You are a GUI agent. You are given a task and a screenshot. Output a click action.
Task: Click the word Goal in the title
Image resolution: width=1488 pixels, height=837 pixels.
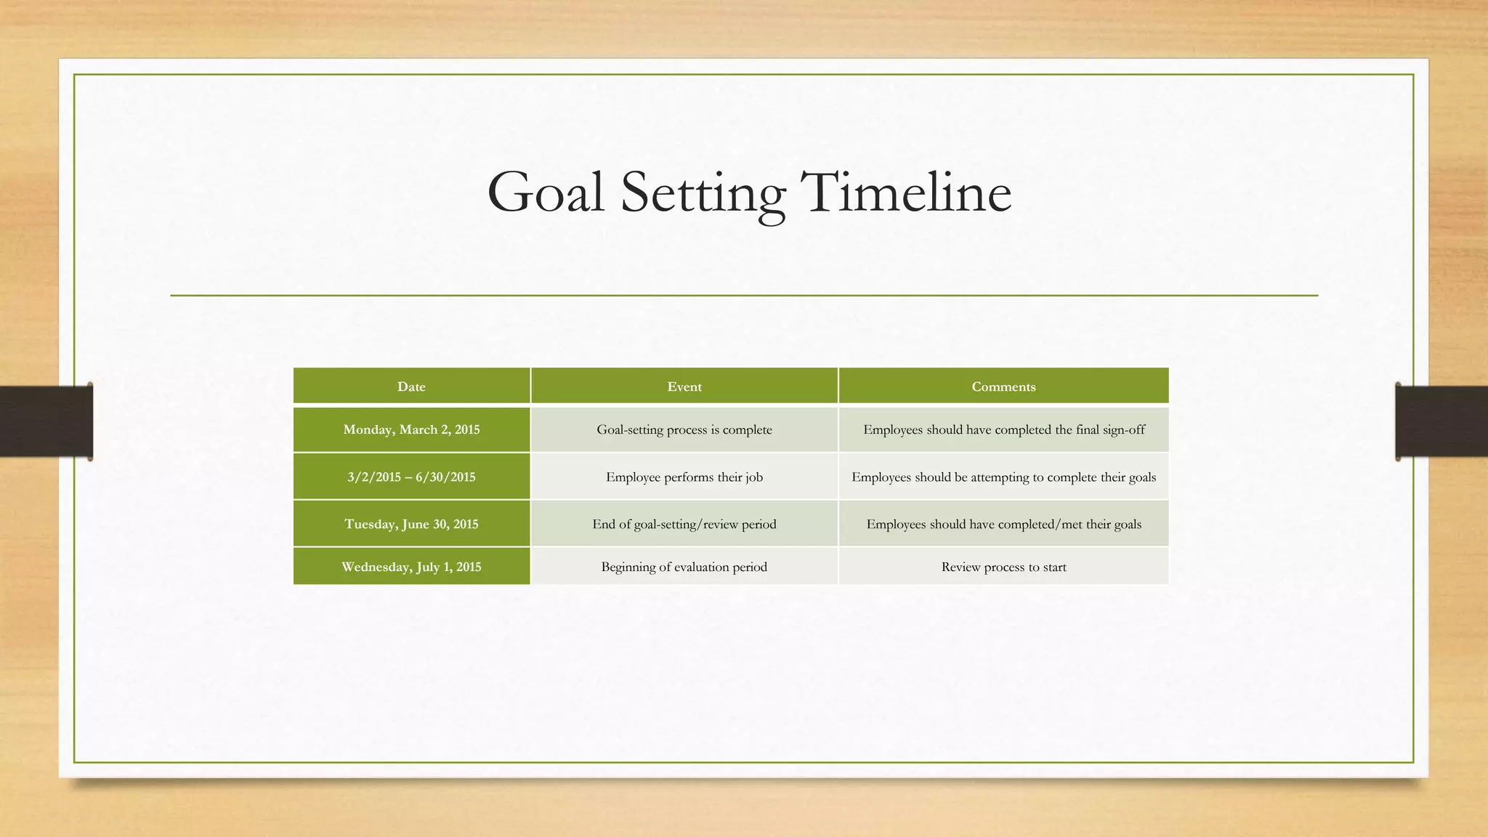point(546,193)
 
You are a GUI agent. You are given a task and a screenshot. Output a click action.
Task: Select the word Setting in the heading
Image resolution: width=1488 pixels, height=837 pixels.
point(703,193)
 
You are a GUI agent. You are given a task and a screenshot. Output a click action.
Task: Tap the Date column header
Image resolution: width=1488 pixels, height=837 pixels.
point(411,387)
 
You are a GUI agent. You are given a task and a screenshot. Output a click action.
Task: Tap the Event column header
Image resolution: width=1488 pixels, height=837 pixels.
point(684,387)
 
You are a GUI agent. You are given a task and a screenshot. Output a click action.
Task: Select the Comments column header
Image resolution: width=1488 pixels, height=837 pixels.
point(1003,387)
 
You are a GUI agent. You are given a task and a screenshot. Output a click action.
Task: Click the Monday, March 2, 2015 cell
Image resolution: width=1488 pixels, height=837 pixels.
point(411,429)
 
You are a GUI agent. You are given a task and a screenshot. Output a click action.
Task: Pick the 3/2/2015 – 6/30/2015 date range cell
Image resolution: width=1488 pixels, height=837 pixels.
point(411,477)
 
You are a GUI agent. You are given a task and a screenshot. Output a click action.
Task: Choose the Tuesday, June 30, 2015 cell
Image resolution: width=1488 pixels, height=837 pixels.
point(411,525)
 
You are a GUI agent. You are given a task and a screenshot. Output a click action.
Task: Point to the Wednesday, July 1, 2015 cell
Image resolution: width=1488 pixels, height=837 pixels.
point(411,567)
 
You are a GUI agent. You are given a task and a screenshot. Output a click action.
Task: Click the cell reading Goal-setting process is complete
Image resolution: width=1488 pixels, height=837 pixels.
point(684,429)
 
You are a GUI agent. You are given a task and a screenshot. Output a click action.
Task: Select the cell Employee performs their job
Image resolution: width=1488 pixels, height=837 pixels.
point(684,477)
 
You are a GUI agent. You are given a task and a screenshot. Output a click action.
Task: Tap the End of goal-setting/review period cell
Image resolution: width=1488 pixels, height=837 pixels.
point(684,525)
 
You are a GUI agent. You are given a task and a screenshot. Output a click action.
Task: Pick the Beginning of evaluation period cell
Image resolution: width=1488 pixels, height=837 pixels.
point(684,567)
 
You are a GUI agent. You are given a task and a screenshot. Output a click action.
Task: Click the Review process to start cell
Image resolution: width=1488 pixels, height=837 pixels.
point(1003,567)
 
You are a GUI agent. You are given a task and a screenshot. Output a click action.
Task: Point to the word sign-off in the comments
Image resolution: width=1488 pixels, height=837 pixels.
point(1123,430)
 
